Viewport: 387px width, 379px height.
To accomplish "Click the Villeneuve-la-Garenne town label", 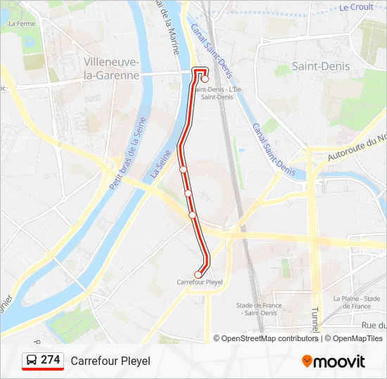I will [111, 68].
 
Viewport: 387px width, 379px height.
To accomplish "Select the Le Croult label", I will [356, 8].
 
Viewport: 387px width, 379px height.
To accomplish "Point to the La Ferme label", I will [21, 23].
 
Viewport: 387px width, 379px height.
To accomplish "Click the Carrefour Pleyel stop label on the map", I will [200, 281].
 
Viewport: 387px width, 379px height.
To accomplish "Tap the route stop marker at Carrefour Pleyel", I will [198, 274].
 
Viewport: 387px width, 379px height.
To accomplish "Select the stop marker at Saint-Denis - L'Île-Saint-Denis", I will [205, 79].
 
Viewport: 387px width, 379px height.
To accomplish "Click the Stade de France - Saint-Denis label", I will [259, 309].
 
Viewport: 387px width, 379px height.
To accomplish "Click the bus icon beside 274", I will [32, 361].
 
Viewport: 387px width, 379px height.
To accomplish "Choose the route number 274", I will [51, 360].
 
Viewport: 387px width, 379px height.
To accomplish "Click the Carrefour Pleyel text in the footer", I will [110, 361].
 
